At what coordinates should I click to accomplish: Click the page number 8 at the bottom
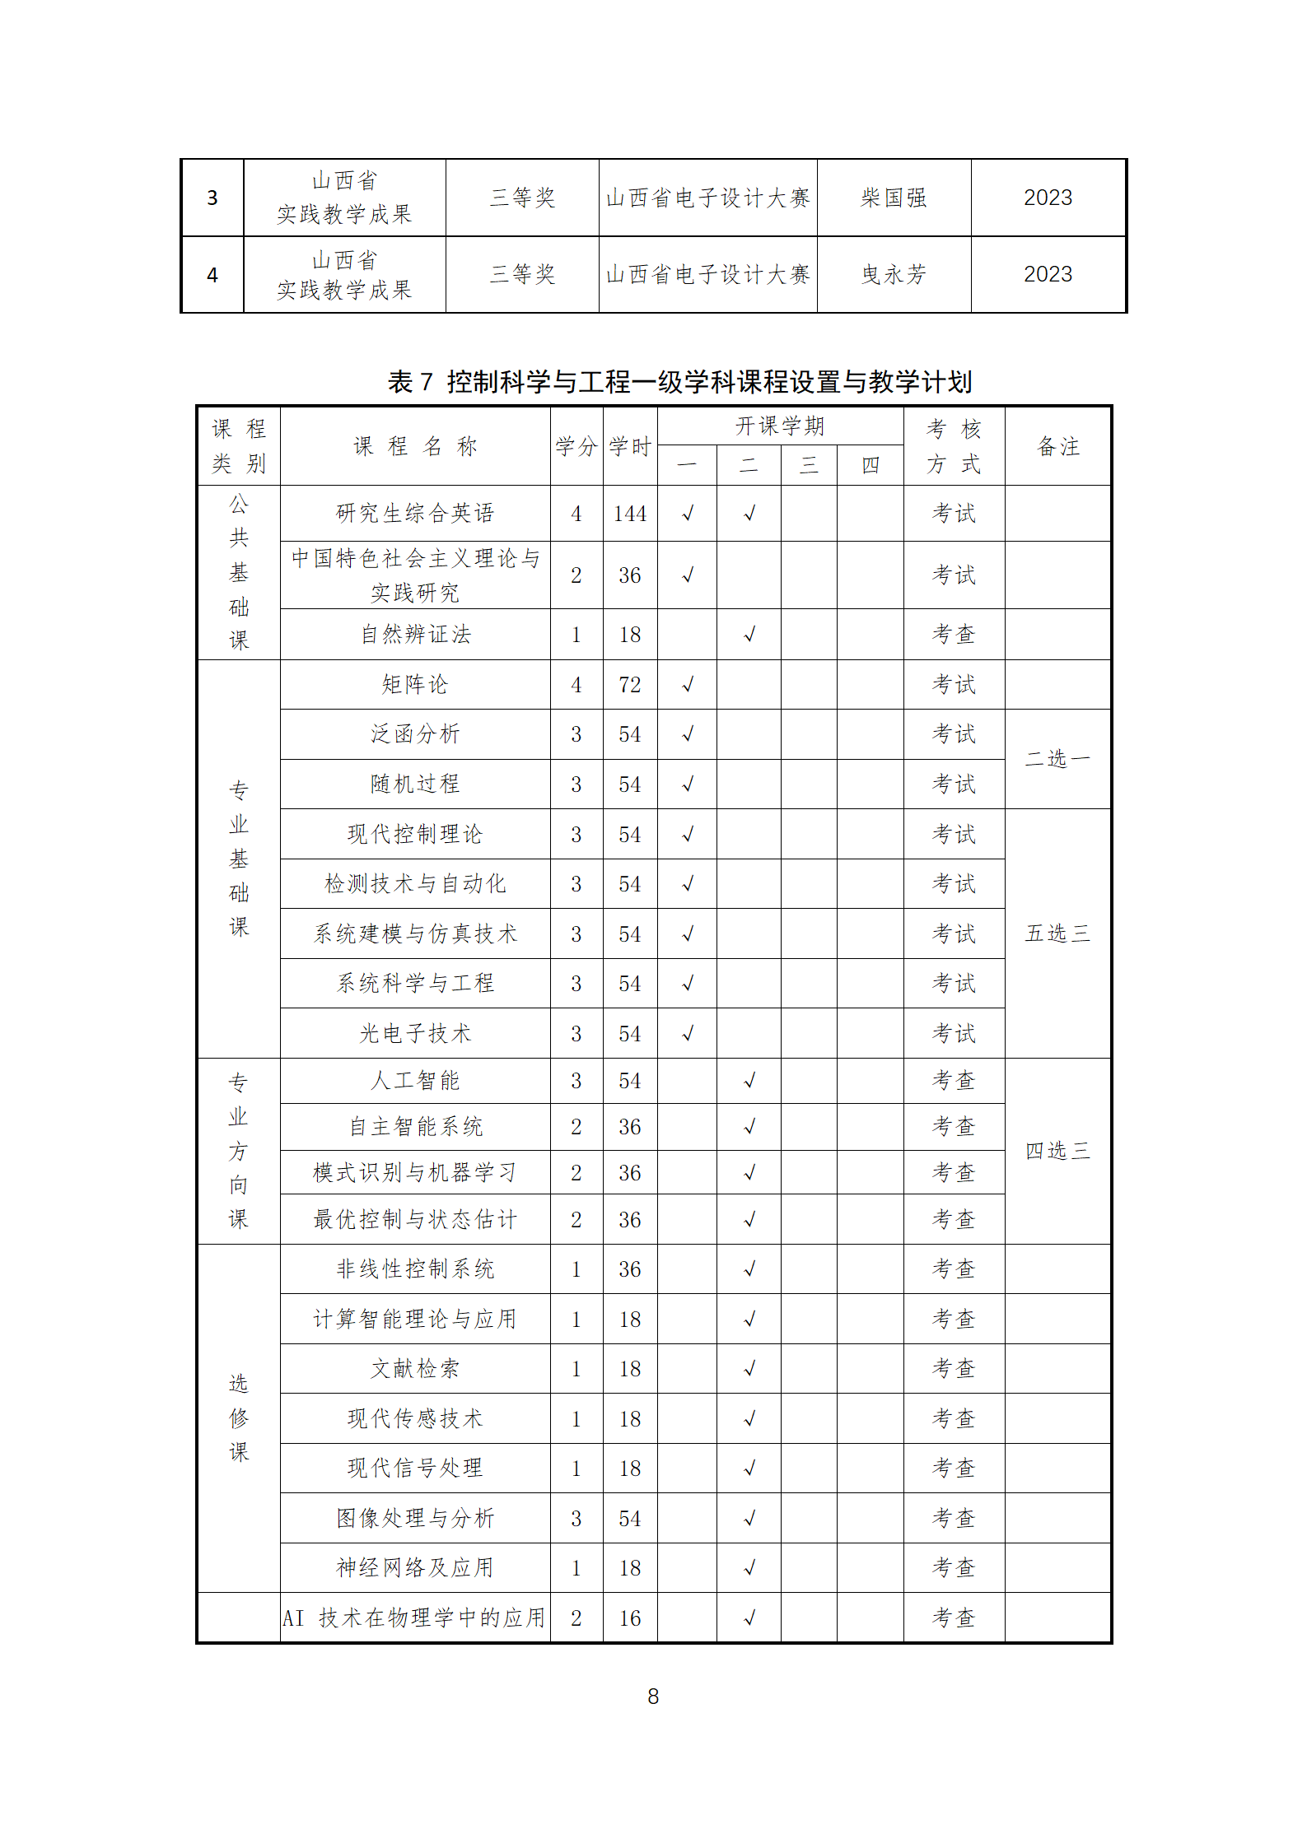click(x=653, y=1696)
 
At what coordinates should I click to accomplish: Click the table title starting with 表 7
click(x=679, y=382)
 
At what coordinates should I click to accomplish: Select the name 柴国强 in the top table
click(x=894, y=198)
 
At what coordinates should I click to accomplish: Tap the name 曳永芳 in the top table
click(x=894, y=274)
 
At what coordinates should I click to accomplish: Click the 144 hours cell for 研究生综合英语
click(x=630, y=514)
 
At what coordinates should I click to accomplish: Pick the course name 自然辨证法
click(x=415, y=635)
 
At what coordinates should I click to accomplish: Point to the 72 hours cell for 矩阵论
click(x=630, y=685)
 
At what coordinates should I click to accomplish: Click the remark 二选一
click(x=1057, y=759)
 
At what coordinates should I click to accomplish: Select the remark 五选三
click(x=1057, y=933)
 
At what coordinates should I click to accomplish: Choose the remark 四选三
click(x=1057, y=1151)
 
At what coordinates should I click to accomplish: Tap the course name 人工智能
click(x=415, y=1081)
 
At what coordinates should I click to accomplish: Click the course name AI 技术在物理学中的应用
click(x=414, y=1618)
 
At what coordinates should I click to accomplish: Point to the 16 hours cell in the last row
click(x=630, y=1618)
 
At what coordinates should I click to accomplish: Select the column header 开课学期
click(x=780, y=426)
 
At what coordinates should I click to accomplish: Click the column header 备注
click(x=1057, y=446)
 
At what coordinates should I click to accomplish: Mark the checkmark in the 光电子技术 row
click(x=688, y=1033)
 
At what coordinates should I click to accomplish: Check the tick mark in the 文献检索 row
click(x=749, y=1369)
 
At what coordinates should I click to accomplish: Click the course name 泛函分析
click(x=415, y=734)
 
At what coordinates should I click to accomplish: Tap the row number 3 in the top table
click(x=212, y=198)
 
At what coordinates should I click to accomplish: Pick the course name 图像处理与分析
click(x=415, y=1518)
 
